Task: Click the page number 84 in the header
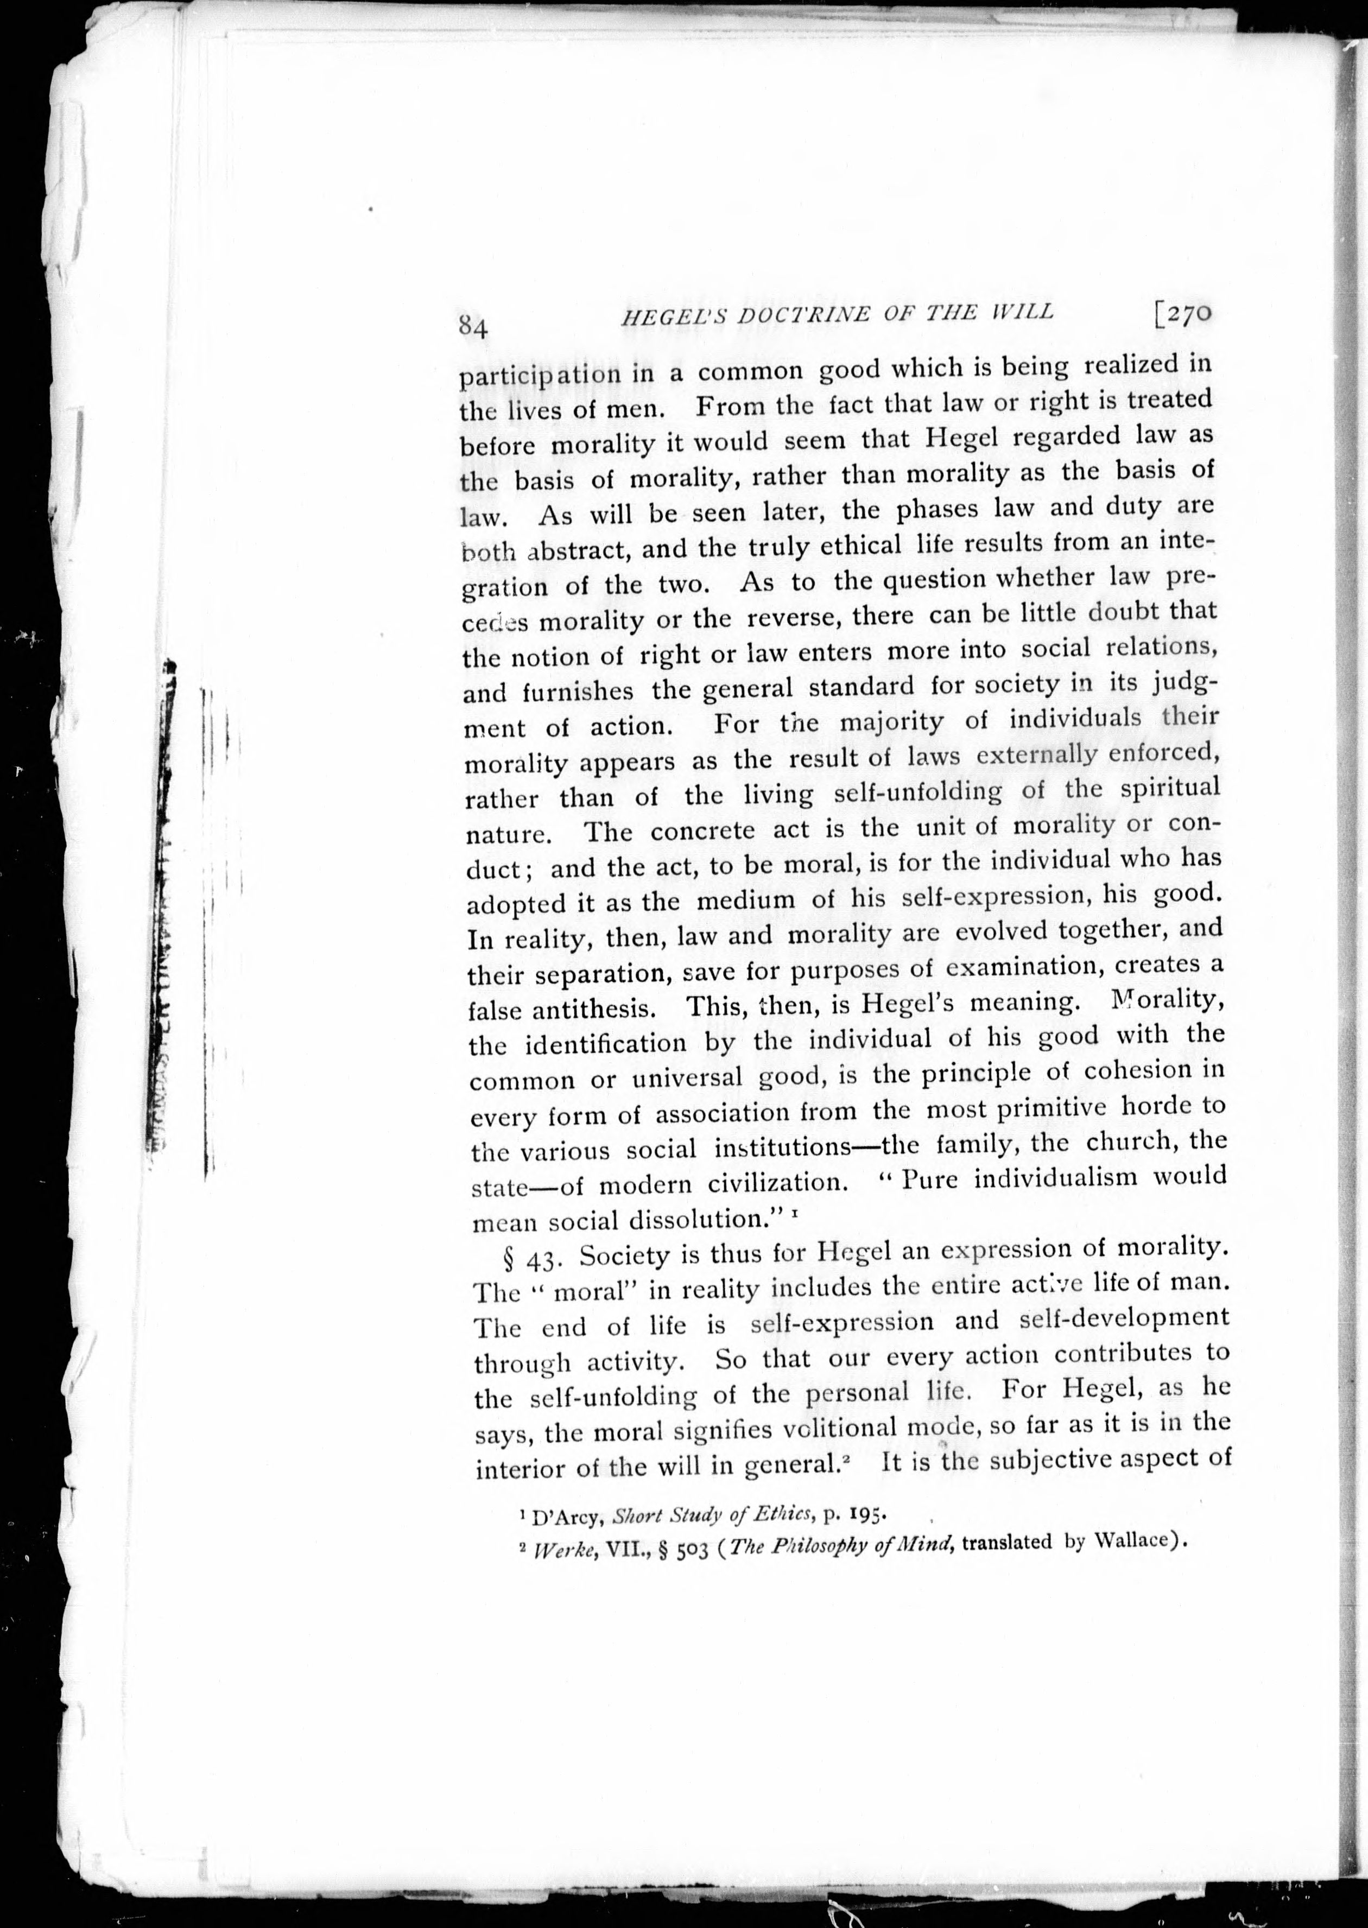(x=473, y=327)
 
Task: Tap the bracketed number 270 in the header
(x=1183, y=313)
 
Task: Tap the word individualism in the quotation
(x=1055, y=1177)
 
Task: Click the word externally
(x=1036, y=754)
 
